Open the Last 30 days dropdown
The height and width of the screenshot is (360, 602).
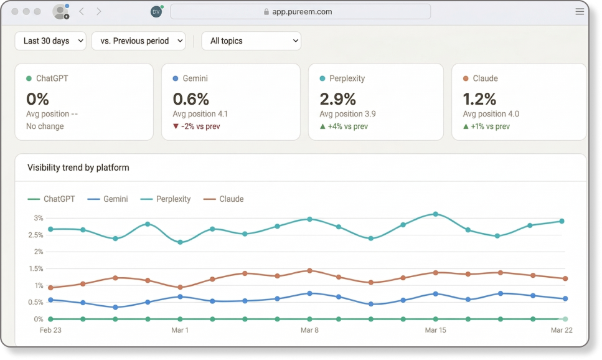coord(50,41)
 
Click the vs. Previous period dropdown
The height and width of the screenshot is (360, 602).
coord(139,41)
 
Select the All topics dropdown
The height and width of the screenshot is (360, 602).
coord(251,41)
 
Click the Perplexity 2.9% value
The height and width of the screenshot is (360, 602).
coord(337,99)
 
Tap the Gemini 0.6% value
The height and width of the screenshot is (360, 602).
coord(190,99)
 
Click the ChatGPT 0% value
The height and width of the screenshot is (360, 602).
coord(37,99)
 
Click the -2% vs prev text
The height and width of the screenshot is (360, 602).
coord(196,126)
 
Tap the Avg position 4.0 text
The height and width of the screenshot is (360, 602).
coord(491,114)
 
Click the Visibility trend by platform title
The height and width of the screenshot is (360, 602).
coord(78,168)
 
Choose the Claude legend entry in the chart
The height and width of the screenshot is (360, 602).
coord(225,199)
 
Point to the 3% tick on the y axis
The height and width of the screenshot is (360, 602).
coord(39,218)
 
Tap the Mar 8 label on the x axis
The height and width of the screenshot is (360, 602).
coord(309,330)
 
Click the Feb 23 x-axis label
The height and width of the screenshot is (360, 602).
coord(50,330)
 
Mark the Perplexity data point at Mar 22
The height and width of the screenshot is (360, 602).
coord(562,221)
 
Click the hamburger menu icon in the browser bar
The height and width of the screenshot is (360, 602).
coord(580,12)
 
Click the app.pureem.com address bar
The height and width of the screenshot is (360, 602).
coord(300,12)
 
